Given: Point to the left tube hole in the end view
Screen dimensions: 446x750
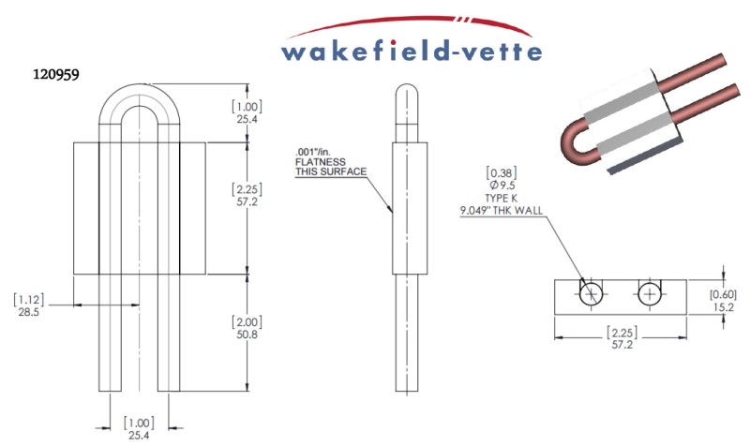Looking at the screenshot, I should pos(591,294).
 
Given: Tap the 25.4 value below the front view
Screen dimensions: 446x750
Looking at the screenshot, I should pos(139,434).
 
